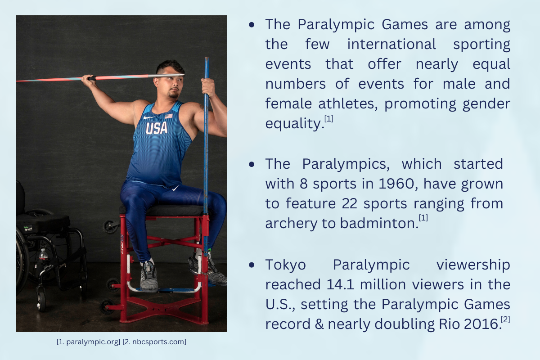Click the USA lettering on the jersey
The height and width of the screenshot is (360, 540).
pyautogui.click(x=157, y=128)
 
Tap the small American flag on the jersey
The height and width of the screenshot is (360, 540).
pyautogui.click(x=168, y=116)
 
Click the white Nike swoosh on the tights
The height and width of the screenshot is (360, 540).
pyautogui.click(x=175, y=188)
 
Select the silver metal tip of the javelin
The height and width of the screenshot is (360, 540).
pyautogui.click(x=166, y=76)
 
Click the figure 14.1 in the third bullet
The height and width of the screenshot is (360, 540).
pyautogui.click(x=340, y=284)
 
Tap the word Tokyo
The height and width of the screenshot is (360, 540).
pyautogui.click(x=285, y=265)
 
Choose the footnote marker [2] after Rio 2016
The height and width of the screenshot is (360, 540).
pyautogui.click(x=505, y=319)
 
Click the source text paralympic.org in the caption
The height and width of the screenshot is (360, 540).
pyautogui.click(x=93, y=342)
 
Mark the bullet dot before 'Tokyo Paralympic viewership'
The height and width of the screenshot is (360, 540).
pyautogui.click(x=252, y=265)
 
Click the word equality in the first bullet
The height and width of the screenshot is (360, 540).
pyautogui.click(x=294, y=124)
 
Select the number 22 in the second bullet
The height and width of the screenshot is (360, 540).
pyautogui.click(x=349, y=204)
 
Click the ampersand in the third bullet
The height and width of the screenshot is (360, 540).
pyautogui.click(x=319, y=324)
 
